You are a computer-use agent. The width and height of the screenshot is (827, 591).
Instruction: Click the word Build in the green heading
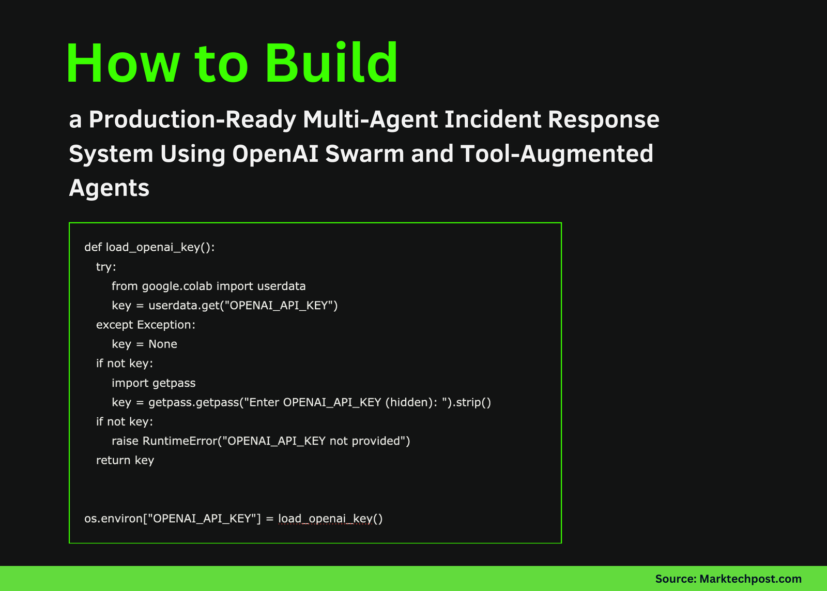331,63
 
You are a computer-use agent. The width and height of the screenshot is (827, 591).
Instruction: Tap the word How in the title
122,63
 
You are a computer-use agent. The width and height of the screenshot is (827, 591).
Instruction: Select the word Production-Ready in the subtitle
192,119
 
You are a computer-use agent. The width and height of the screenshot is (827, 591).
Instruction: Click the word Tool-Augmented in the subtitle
557,154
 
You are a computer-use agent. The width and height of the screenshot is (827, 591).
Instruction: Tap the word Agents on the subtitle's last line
109,188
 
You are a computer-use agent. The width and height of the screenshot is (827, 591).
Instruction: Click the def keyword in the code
93,247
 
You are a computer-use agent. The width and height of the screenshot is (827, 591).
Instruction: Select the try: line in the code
106,267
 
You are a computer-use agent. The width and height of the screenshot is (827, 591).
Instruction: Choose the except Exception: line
146,325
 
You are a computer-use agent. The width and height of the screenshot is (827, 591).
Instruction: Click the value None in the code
163,344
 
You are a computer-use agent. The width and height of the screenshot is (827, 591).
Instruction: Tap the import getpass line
154,383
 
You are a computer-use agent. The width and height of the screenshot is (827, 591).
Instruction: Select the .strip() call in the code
472,402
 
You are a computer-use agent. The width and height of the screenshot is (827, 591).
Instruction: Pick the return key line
125,460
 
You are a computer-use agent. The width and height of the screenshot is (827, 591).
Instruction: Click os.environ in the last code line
112,519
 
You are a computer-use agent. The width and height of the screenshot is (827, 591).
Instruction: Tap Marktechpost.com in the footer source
750,579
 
